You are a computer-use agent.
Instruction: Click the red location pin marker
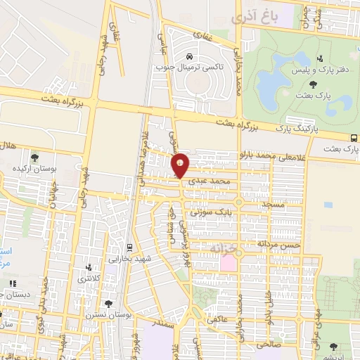(181, 165)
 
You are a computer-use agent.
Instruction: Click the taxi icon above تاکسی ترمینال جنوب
(189, 56)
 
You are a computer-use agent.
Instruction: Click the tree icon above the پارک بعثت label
(313, 84)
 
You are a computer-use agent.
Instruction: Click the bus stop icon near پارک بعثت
(354, 139)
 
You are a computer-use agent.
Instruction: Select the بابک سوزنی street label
(210, 210)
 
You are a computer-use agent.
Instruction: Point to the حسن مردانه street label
(279, 243)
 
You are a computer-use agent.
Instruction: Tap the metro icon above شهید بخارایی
(130, 247)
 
